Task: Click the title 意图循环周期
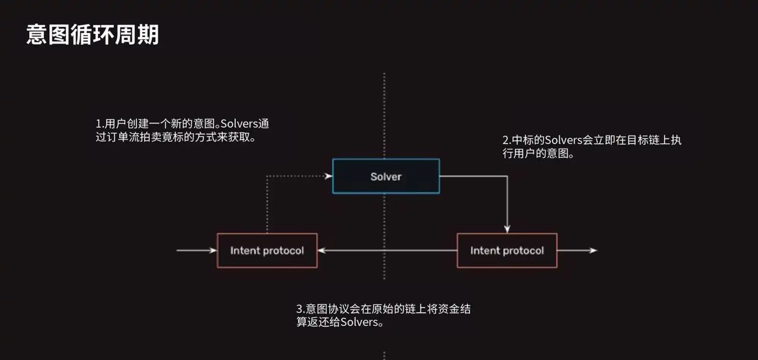(92, 34)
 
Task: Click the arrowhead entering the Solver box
(328, 176)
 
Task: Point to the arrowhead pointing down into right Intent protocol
(507, 229)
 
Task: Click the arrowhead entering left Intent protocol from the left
(213, 250)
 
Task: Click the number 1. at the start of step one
(99, 124)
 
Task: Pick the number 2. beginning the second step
(507, 140)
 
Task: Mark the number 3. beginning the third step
(300, 309)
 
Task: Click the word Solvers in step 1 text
(239, 124)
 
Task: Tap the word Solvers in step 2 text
(563, 140)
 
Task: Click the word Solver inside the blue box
(386, 177)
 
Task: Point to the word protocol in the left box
(283, 251)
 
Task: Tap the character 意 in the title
(37, 34)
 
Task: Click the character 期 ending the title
(148, 34)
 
